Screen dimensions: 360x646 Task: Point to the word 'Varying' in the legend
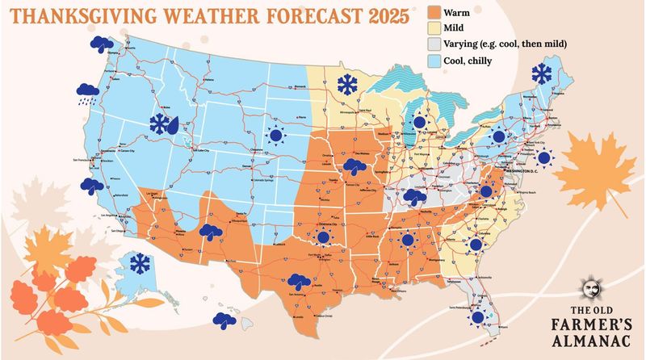click(x=468, y=44)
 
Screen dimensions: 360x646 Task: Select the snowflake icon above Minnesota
click(x=348, y=83)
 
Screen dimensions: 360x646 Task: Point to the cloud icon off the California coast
click(x=91, y=186)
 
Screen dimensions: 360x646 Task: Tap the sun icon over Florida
click(x=477, y=317)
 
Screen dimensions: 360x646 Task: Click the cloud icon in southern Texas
click(x=299, y=283)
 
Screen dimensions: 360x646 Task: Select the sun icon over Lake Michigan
click(x=418, y=123)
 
